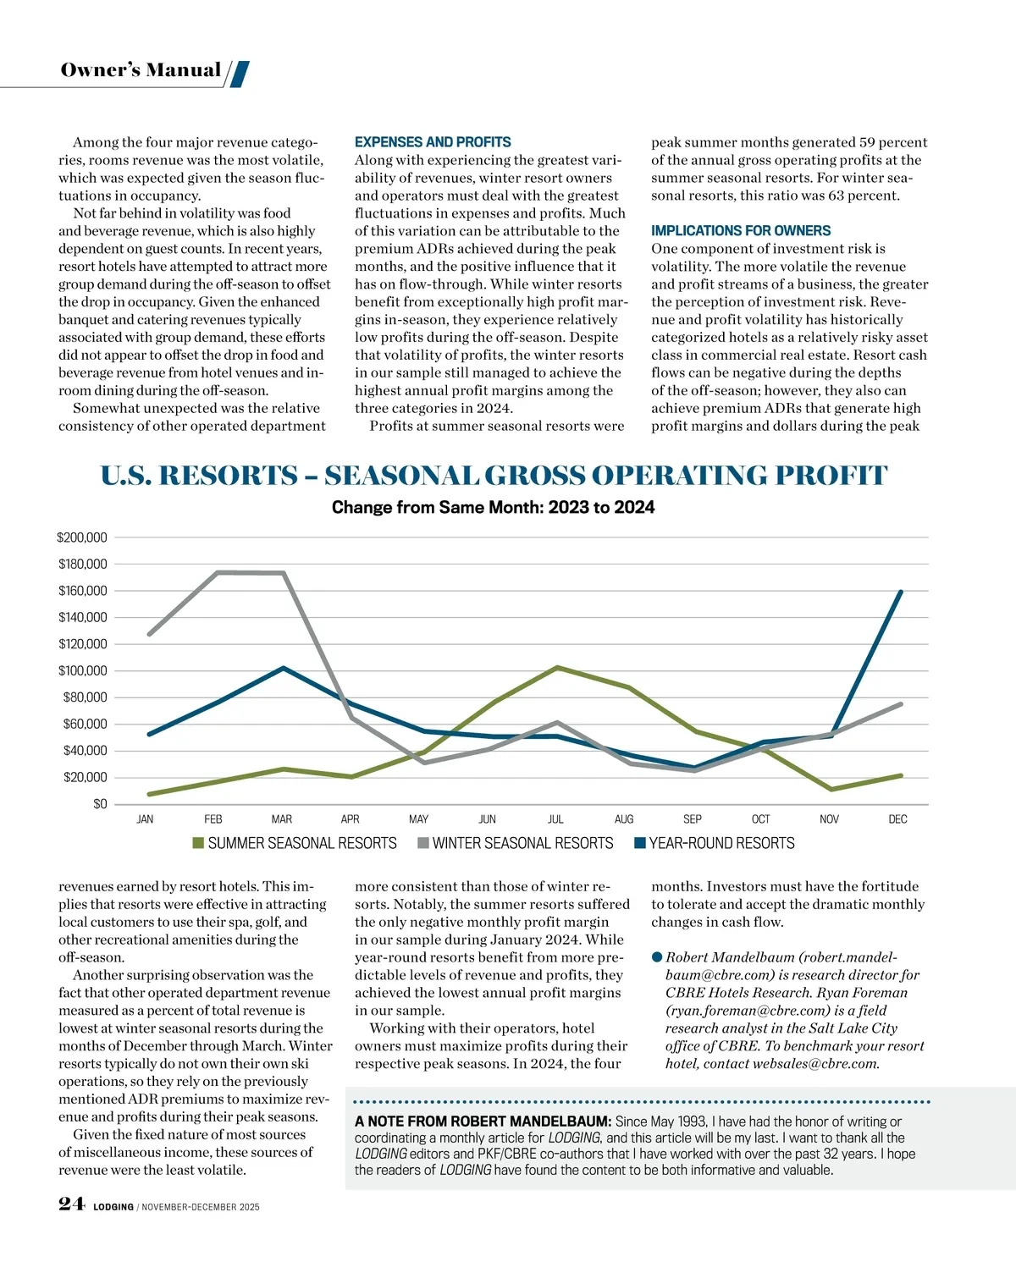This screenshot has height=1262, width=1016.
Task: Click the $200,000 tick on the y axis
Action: [82, 537]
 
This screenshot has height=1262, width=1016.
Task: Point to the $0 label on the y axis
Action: [100, 804]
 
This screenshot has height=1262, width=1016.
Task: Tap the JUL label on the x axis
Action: [555, 819]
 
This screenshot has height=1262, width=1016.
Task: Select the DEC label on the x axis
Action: [897, 819]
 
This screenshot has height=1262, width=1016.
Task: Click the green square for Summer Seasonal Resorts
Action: [199, 843]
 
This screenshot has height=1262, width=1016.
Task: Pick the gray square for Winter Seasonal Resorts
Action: [423, 843]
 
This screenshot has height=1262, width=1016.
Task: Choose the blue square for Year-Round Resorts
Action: [640, 843]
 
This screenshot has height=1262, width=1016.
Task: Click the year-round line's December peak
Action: [900, 592]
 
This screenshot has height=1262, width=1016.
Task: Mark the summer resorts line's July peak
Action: [557, 668]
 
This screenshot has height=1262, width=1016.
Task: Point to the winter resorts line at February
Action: [218, 573]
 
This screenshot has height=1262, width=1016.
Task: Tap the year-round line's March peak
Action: [283, 669]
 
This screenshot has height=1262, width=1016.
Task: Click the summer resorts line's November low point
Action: [831, 789]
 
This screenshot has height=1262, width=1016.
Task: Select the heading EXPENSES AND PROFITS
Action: [433, 142]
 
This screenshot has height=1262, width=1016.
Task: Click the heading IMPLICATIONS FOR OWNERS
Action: [741, 230]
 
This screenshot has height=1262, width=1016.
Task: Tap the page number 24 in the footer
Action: [71, 1204]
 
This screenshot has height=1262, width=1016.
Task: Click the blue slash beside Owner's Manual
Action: [240, 74]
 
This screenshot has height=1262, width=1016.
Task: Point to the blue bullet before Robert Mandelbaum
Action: [657, 957]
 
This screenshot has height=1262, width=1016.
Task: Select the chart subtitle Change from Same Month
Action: [493, 507]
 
